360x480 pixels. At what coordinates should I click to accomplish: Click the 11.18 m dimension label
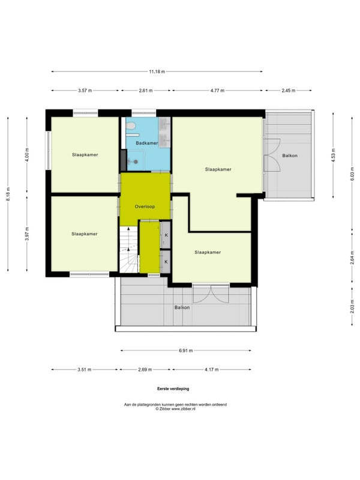point(157,71)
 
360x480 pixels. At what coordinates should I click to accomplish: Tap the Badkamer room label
point(147,143)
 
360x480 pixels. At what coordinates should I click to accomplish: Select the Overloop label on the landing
point(145,206)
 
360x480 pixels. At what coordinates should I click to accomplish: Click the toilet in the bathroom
point(131,125)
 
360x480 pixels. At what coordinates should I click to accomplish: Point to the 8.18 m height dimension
point(8,194)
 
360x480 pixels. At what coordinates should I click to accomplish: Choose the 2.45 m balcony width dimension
point(289,91)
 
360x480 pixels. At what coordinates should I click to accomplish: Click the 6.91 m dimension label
point(186,350)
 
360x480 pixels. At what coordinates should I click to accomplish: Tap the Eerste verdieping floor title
point(173,389)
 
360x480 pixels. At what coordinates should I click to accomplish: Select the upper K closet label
point(166,235)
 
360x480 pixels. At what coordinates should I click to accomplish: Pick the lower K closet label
point(166,262)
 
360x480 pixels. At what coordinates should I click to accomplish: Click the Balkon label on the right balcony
point(290,155)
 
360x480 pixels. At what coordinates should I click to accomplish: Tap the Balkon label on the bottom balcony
point(182,307)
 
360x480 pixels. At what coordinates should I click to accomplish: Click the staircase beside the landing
point(129,250)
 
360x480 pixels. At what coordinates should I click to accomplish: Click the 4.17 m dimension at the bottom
point(212,370)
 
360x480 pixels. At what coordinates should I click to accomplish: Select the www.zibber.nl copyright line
point(175,409)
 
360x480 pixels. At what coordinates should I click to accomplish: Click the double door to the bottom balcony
point(211,293)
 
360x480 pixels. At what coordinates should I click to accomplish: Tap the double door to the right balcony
point(272,155)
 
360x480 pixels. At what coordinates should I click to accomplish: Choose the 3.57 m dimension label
point(85,91)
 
